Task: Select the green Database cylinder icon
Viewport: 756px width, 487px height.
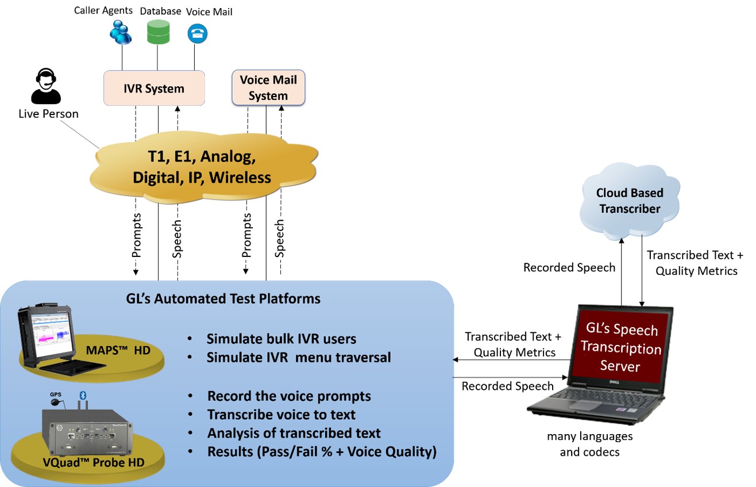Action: (157, 32)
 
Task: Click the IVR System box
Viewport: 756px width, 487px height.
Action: (155, 88)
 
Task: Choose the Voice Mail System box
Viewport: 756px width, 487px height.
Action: (268, 87)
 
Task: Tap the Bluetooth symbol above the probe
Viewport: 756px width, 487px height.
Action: (82, 395)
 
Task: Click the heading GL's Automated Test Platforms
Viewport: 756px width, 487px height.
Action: (223, 299)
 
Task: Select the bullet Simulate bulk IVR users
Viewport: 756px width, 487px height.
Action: (281, 338)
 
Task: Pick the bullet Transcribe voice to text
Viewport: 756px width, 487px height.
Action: (281, 415)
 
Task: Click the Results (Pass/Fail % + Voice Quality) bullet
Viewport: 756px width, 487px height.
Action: (322, 452)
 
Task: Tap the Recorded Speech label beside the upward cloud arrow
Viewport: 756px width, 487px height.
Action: (569, 267)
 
